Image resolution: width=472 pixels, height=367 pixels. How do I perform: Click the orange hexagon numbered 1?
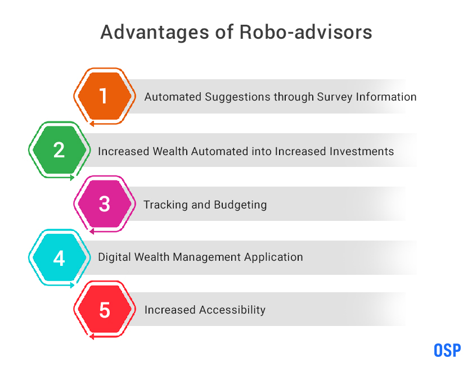pos(105,96)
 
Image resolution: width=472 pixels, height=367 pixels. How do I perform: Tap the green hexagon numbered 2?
pos(59,150)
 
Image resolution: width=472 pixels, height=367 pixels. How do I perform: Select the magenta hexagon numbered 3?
pos(105,203)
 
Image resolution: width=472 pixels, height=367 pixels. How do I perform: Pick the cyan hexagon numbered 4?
pos(59,257)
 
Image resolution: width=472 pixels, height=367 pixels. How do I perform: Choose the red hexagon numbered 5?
pos(105,310)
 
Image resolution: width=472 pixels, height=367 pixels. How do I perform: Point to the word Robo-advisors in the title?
pos(306,32)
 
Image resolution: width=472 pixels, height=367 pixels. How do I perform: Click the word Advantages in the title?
pos(155,32)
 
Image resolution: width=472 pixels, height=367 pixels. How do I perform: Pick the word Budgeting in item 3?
pos(240,205)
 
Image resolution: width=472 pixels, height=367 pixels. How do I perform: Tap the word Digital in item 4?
pos(114,257)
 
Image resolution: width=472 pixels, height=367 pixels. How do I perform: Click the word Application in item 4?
pos(273,257)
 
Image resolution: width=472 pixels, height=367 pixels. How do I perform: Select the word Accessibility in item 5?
pos(232,310)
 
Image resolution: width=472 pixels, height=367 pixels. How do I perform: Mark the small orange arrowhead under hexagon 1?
pos(92,123)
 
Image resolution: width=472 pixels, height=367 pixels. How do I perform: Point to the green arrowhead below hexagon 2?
pos(72,178)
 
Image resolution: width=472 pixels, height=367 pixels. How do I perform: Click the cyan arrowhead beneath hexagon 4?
pos(72,285)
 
